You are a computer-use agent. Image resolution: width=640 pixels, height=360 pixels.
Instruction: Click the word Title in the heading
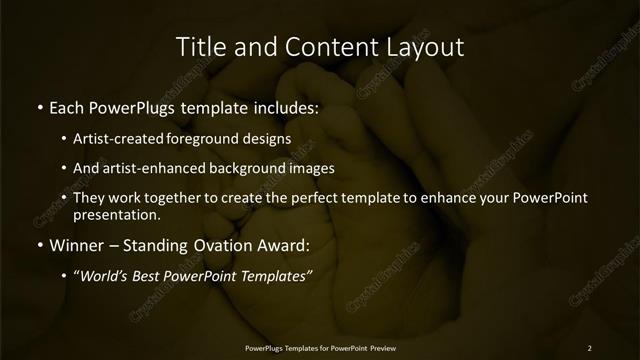click(199, 47)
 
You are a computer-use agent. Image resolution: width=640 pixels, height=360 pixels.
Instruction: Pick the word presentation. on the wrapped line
click(117, 215)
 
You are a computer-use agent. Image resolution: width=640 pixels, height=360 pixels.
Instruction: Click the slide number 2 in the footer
click(589, 347)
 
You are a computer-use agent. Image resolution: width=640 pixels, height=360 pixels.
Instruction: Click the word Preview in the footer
click(381, 347)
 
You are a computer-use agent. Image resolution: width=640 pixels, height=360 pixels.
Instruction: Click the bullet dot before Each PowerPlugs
click(38, 105)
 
